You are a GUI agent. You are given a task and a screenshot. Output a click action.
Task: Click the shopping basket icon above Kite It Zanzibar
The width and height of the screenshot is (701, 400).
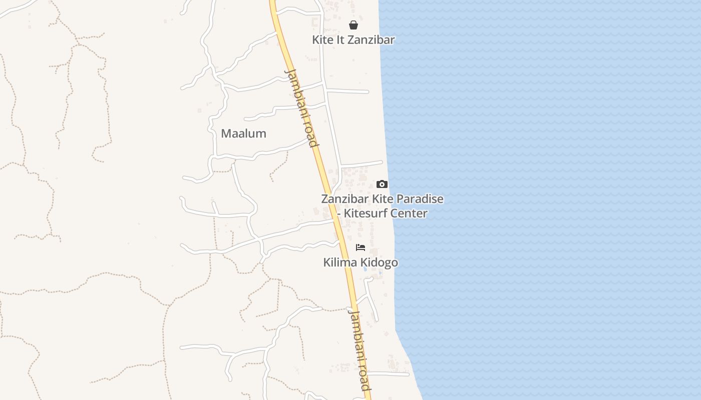[x=354, y=25]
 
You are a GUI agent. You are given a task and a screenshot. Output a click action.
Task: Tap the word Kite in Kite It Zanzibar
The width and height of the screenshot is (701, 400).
[x=323, y=40]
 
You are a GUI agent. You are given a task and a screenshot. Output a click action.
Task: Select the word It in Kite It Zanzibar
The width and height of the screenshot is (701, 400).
[x=341, y=40]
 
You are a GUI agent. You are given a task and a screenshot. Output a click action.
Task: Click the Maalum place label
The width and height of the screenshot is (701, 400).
[x=243, y=133]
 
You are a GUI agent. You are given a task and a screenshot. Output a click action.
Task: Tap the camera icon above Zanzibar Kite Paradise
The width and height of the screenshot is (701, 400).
[x=382, y=184]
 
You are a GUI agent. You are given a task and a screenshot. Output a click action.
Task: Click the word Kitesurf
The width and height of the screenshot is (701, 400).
[x=366, y=213]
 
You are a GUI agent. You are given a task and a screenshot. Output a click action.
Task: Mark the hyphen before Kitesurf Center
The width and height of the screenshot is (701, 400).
[x=339, y=213]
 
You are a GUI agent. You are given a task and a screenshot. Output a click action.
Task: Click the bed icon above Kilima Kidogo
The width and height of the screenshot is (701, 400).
[x=361, y=247]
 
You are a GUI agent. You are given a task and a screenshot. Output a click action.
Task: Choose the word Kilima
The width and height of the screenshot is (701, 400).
[x=338, y=262]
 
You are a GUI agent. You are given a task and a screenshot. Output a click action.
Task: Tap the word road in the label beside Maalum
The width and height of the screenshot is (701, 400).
[x=311, y=136]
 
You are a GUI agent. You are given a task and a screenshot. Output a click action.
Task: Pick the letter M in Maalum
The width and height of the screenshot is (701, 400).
[x=226, y=133]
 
